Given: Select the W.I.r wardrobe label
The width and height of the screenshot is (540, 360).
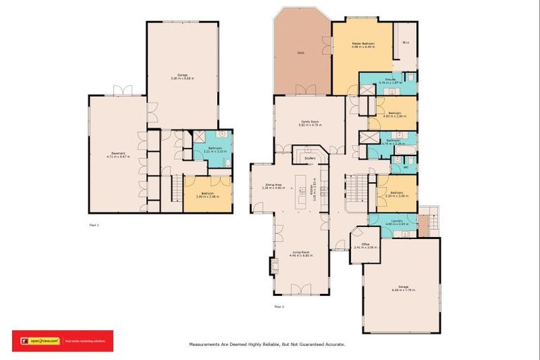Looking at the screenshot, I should (406, 43).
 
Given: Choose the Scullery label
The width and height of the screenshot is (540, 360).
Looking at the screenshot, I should (310, 158).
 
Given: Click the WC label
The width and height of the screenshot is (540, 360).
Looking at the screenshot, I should (406, 168).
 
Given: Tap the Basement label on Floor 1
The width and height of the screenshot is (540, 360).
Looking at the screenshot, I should (117, 155).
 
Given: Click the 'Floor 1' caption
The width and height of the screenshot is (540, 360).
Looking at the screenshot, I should (94, 225).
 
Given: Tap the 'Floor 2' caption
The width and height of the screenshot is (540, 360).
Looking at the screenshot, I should (279, 307).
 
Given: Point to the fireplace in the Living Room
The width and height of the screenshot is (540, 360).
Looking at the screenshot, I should (274, 266).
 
